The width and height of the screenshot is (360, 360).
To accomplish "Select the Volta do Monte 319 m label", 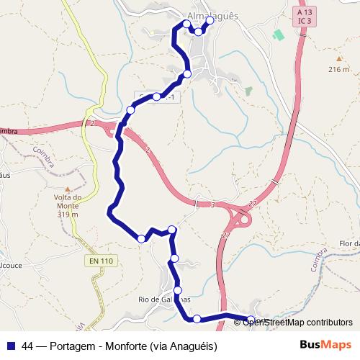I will (x=66, y=205).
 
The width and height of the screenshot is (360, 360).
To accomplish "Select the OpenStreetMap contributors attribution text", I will (x=298, y=322).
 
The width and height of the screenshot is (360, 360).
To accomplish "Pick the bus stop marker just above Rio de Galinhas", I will (x=178, y=290).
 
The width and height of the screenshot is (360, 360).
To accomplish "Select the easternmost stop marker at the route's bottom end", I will (x=251, y=319).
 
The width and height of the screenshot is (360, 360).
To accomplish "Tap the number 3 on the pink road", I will (x=213, y=205).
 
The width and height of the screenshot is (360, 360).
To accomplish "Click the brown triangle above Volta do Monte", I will (x=66, y=187).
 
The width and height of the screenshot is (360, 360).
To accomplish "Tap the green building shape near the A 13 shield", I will (x=278, y=35).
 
